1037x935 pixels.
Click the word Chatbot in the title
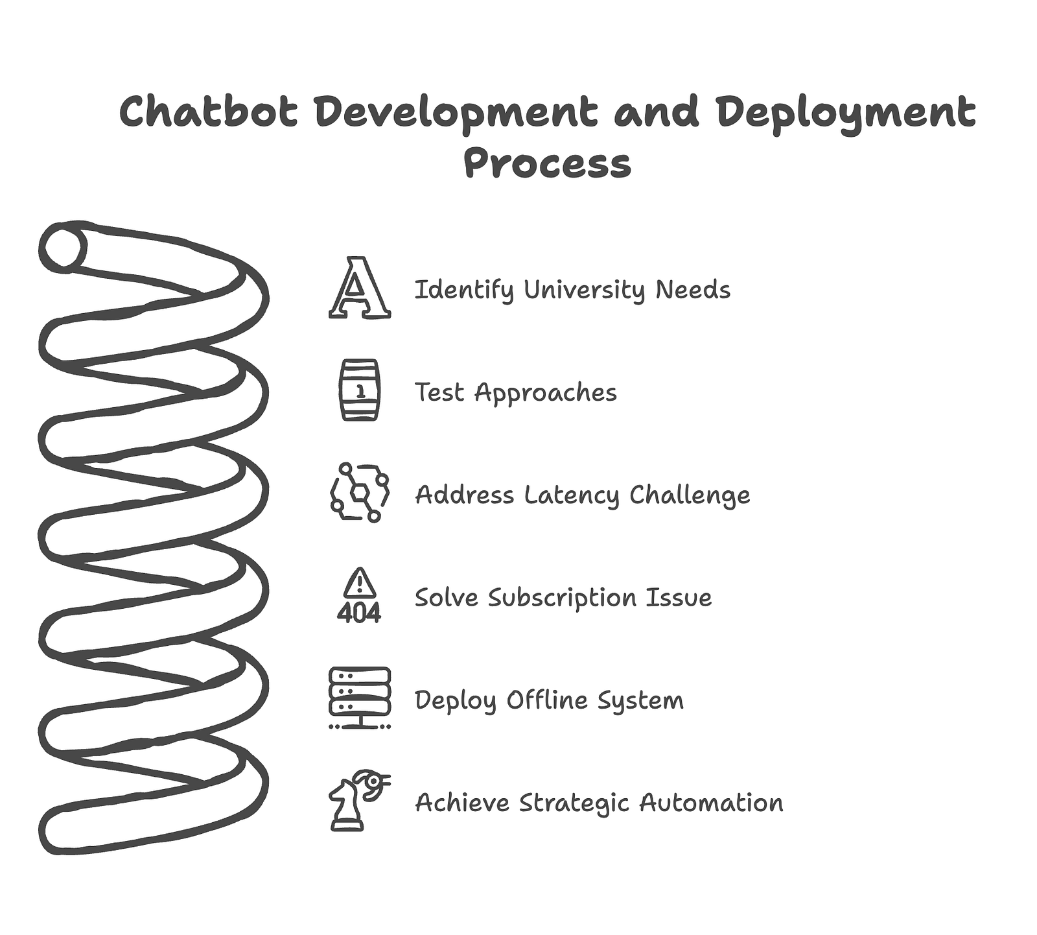click(209, 112)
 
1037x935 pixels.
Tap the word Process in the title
click(548, 163)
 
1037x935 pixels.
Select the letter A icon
click(360, 288)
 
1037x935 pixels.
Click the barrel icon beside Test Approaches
click(360, 390)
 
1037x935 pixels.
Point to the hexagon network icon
click(360, 493)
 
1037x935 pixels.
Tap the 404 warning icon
click(360, 596)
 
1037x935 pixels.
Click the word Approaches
click(546, 393)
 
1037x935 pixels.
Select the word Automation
click(711, 803)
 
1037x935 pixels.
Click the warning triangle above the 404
click(360, 583)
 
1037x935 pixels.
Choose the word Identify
click(463, 290)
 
